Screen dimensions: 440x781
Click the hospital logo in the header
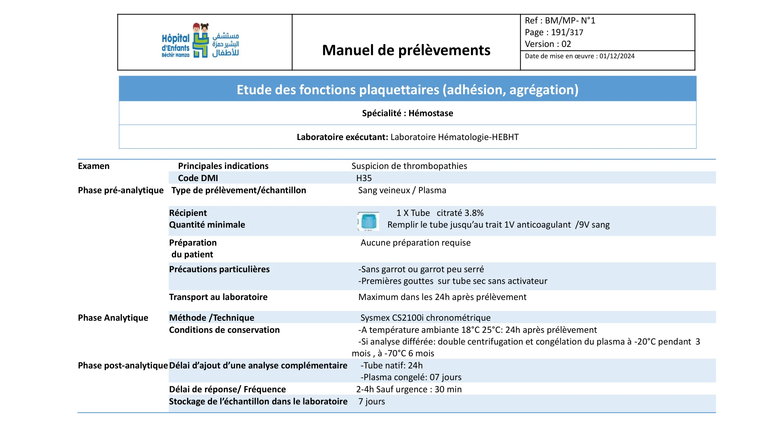click(x=200, y=41)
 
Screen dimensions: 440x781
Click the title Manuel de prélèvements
click(x=406, y=50)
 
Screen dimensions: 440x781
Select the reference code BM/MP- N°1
click(x=570, y=21)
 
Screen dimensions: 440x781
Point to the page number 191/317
click(x=567, y=32)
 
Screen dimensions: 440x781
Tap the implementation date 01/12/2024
click(x=617, y=56)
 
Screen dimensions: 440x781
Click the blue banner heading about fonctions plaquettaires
click(x=407, y=90)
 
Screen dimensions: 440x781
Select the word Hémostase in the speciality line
click(x=431, y=113)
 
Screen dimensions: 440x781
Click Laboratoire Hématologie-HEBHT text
click(x=454, y=137)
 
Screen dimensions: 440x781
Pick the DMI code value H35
click(x=364, y=178)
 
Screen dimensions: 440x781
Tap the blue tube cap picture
click(x=369, y=221)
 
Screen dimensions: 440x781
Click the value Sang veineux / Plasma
click(x=402, y=190)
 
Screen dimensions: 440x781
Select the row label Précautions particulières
click(x=219, y=269)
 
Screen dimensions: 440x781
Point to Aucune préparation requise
click(x=415, y=243)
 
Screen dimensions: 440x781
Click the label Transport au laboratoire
click(x=218, y=297)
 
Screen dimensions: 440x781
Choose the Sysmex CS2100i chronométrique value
click(x=425, y=318)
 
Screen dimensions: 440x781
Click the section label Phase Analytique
click(x=113, y=318)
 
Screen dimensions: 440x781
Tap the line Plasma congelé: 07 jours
click(x=411, y=377)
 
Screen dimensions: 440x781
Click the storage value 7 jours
click(x=372, y=402)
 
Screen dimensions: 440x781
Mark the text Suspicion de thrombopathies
click(x=409, y=166)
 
